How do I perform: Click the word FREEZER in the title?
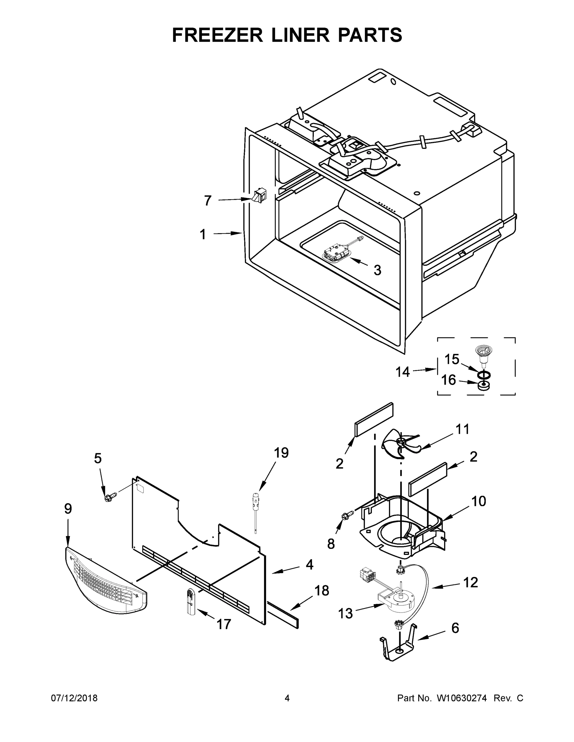(217, 35)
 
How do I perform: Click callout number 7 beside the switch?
(208, 200)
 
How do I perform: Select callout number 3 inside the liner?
(377, 270)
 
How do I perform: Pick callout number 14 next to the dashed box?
(403, 372)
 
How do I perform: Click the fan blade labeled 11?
(401, 444)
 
